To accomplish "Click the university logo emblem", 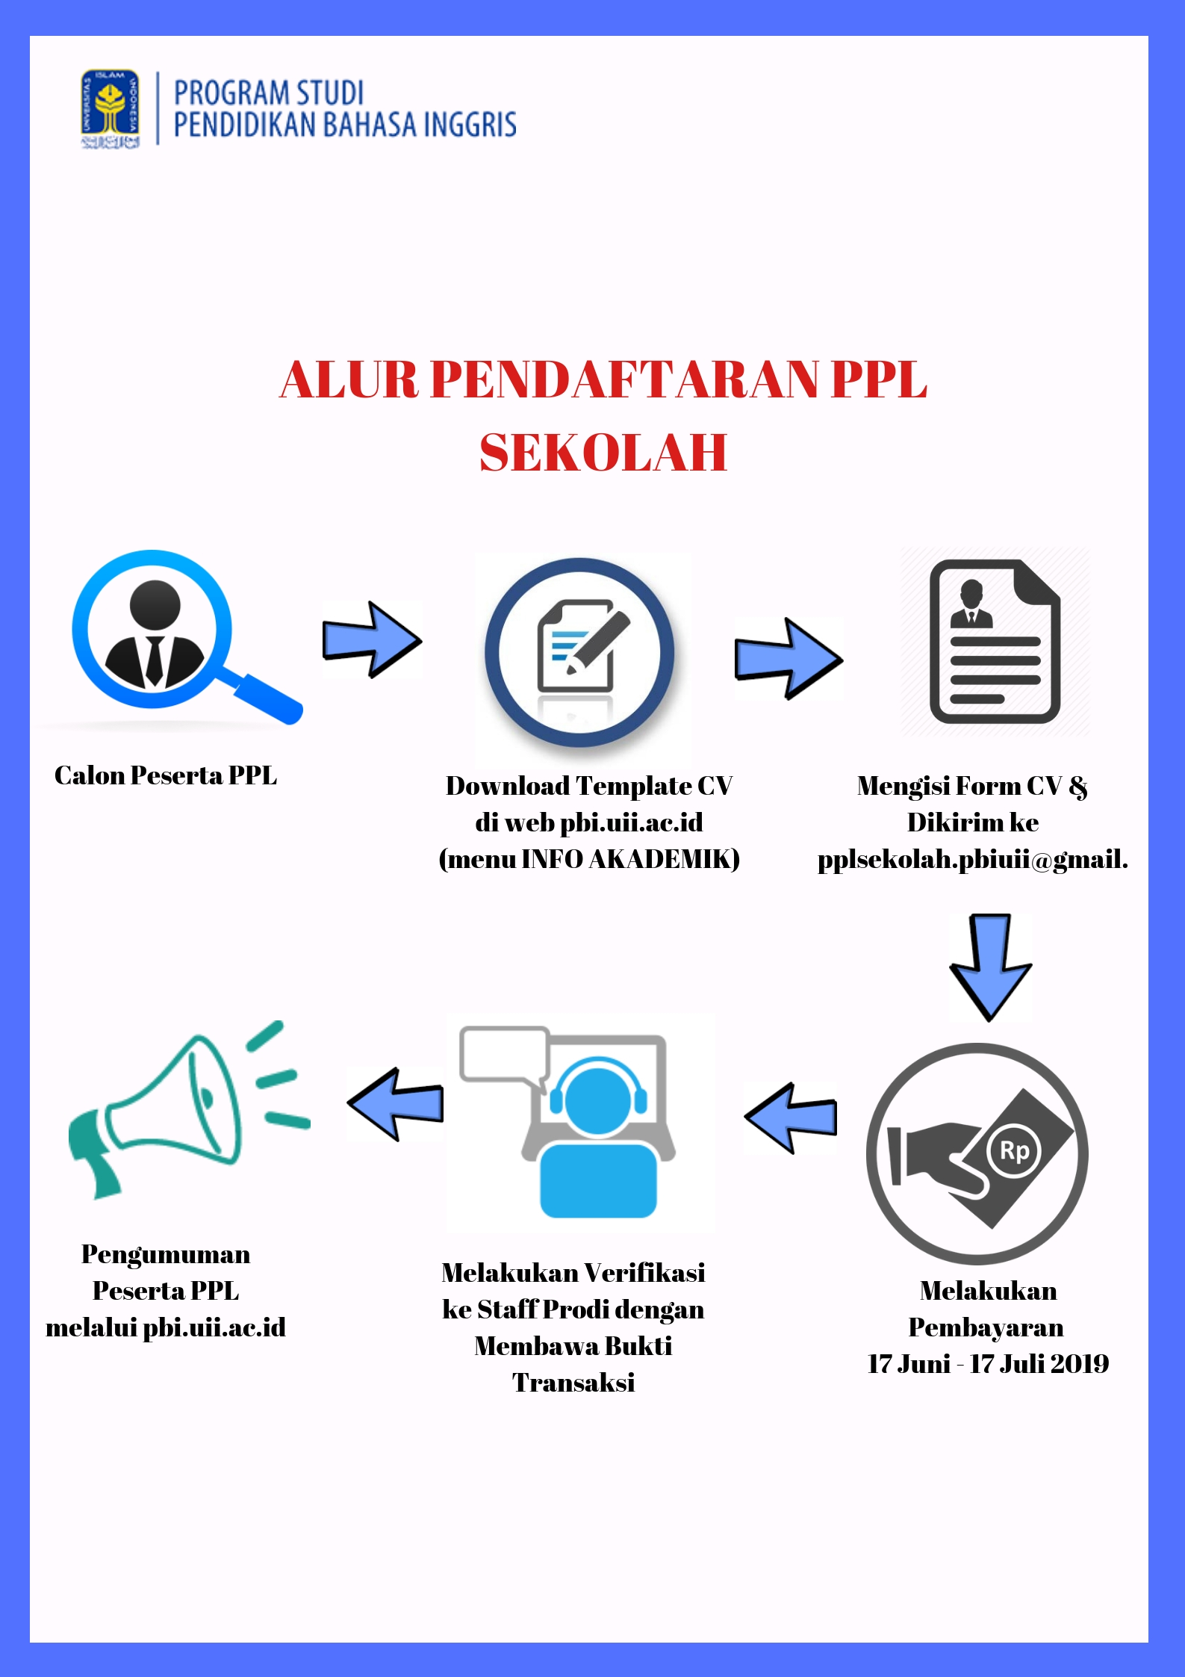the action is point(111,109).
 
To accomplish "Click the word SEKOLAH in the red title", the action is point(603,453).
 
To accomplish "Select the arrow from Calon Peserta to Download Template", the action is point(372,640).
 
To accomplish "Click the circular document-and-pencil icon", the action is point(579,652).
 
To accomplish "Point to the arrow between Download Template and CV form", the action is point(789,659).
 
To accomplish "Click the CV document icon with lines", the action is point(995,641).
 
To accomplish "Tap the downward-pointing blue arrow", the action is point(990,967).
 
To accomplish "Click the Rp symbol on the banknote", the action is point(1014,1151).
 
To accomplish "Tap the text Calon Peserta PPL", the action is point(166,776).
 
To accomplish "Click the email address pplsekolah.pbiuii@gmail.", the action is point(972,860).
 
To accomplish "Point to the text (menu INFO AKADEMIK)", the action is point(589,859).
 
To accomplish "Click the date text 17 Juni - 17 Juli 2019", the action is point(988,1364).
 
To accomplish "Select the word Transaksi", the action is point(573,1383).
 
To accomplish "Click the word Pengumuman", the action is point(166,1255).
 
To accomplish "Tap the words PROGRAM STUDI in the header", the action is point(269,93).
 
